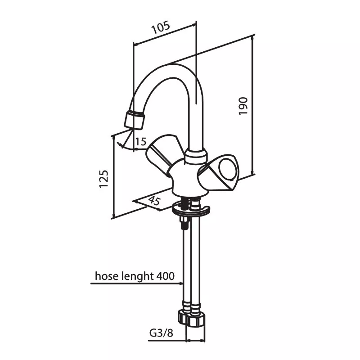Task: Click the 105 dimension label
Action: tap(161, 27)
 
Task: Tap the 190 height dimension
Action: tap(243, 106)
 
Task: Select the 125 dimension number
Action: tap(103, 179)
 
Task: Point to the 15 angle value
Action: tap(141, 142)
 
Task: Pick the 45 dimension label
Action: tap(154, 200)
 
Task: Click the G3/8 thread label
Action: tap(161, 333)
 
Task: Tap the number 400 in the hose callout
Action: tap(166, 276)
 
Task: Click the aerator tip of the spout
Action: tap(135, 120)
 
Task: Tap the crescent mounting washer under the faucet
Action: tap(190, 210)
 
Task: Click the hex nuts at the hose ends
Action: tap(191, 318)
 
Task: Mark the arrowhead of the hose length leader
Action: tap(180, 283)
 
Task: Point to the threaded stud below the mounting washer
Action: tap(184, 222)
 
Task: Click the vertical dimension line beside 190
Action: tap(252, 105)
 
